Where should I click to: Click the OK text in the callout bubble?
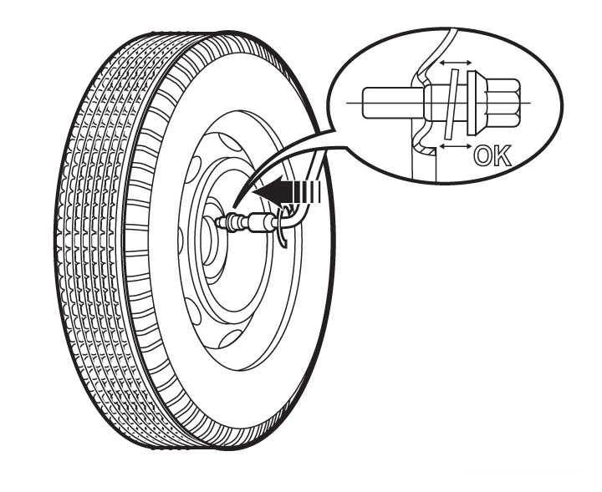[492, 155]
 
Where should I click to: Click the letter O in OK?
[482, 155]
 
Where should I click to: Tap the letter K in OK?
[503, 155]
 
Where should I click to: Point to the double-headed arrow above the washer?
[456, 63]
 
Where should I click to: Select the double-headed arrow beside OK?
[456, 145]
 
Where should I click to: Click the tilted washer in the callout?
[451, 104]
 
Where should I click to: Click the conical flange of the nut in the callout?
[476, 103]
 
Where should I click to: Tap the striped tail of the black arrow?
[307, 191]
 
